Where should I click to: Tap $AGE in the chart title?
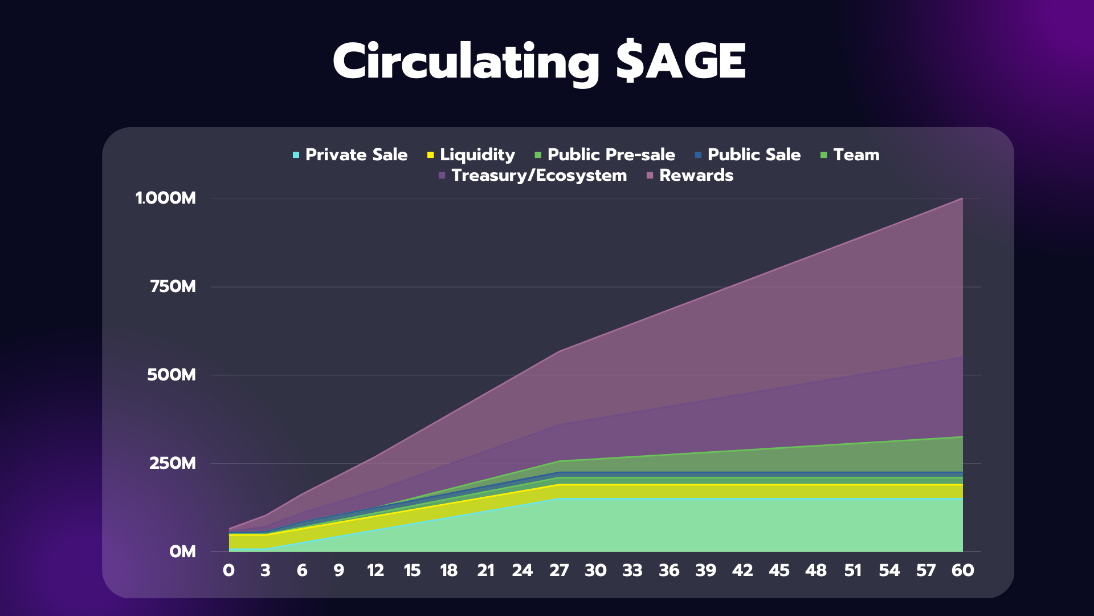pyautogui.click(x=681, y=62)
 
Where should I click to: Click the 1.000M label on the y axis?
pyautogui.click(x=166, y=198)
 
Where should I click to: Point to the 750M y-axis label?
pyautogui.click(x=173, y=286)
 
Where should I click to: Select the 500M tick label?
pyautogui.click(x=172, y=375)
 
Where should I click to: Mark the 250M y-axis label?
pyautogui.click(x=173, y=463)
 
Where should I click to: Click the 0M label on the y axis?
pyautogui.click(x=182, y=552)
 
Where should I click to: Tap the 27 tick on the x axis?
pyautogui.click(x=559, y=570)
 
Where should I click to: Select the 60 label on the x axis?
pyautogui.click(x=962, y=570)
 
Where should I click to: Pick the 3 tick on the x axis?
pyautogui.click(x=266, y=570)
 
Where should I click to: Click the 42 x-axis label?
pyautogui.click(x=742, y=570)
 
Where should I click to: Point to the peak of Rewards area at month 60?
pyautogui.click(x=962, y=198)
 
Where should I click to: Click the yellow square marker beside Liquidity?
pyautogui.click(x=431, y=155)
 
